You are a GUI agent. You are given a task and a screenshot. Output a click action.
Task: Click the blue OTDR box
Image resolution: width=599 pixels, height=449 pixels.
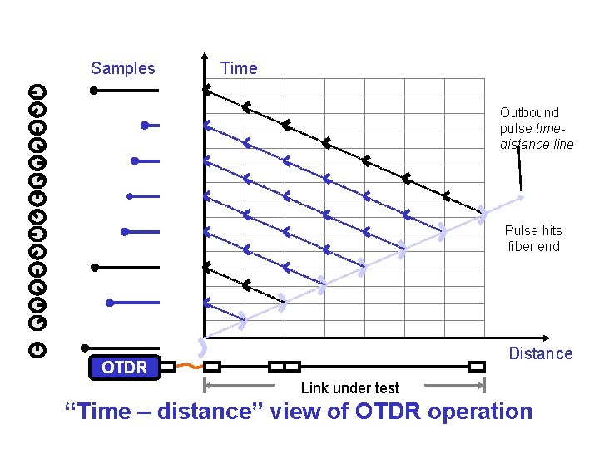pos(124,367)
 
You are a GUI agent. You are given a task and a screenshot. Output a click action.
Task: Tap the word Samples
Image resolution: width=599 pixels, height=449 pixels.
pos(123,68)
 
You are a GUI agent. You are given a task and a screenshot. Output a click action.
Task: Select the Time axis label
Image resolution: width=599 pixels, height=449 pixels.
pos(239,68)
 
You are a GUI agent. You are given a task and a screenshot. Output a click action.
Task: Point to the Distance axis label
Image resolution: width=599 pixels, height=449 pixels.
pos(541,353)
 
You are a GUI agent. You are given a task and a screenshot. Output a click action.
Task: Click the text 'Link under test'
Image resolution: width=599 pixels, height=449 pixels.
pos(349,388)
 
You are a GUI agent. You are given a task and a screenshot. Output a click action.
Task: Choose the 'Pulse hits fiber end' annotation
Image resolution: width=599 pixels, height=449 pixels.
pos(533,239)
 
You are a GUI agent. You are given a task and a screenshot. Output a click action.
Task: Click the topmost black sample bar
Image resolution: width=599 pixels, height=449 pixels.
pos(125,90)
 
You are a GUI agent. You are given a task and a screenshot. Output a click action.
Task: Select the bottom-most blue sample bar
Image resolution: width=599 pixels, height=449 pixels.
pos(133,303)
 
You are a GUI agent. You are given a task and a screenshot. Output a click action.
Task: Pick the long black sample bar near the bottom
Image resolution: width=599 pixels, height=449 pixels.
pos(125,268)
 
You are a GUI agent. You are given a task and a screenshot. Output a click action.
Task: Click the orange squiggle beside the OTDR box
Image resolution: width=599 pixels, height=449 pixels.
pos(190,367)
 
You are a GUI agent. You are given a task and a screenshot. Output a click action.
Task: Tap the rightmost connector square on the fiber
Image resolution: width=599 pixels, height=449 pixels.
pos(476,367)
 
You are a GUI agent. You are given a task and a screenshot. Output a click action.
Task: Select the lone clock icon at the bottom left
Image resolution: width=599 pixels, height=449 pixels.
pos(37,350)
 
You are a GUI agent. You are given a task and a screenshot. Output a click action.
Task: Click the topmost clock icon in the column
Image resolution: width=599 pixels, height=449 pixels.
pos(37,91)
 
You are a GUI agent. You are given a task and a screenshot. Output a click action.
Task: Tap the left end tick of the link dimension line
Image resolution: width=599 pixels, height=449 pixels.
pos(205,385)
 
